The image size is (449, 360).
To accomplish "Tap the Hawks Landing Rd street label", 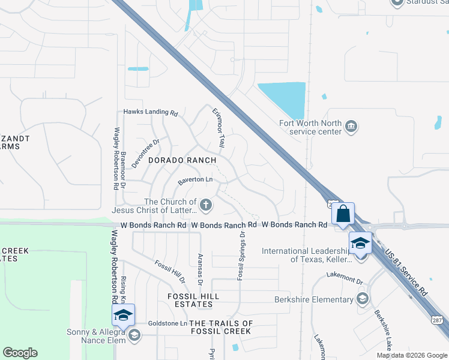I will (x=151, y=112).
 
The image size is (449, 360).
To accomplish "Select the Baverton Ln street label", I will (x=195, y=180).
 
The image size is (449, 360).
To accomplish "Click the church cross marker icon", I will (x=206, y=206).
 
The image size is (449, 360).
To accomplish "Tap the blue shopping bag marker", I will (x=343, y=214).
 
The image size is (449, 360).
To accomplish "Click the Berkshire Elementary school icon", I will (x=363, y=299).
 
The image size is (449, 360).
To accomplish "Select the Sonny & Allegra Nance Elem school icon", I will (x=134, y=335).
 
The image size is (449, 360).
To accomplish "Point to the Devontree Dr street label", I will (x=145, y=153).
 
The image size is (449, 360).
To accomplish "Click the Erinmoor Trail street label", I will (x=218, y=128).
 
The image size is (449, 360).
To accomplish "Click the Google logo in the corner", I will (x=20, y=353).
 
